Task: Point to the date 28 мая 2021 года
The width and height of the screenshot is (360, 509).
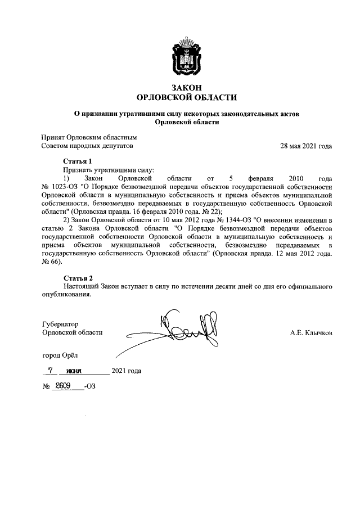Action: pos(306,146)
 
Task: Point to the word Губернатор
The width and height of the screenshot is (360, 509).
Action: pos(60,324)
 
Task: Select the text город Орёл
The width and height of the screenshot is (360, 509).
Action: pos(61,355)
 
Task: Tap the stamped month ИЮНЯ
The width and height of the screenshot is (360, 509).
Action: pos(74,371)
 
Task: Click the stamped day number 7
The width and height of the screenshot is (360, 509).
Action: pos(51,371)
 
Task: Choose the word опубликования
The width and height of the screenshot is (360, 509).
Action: pos(66,295)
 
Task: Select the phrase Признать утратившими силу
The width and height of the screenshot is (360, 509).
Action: pos(109,169)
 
